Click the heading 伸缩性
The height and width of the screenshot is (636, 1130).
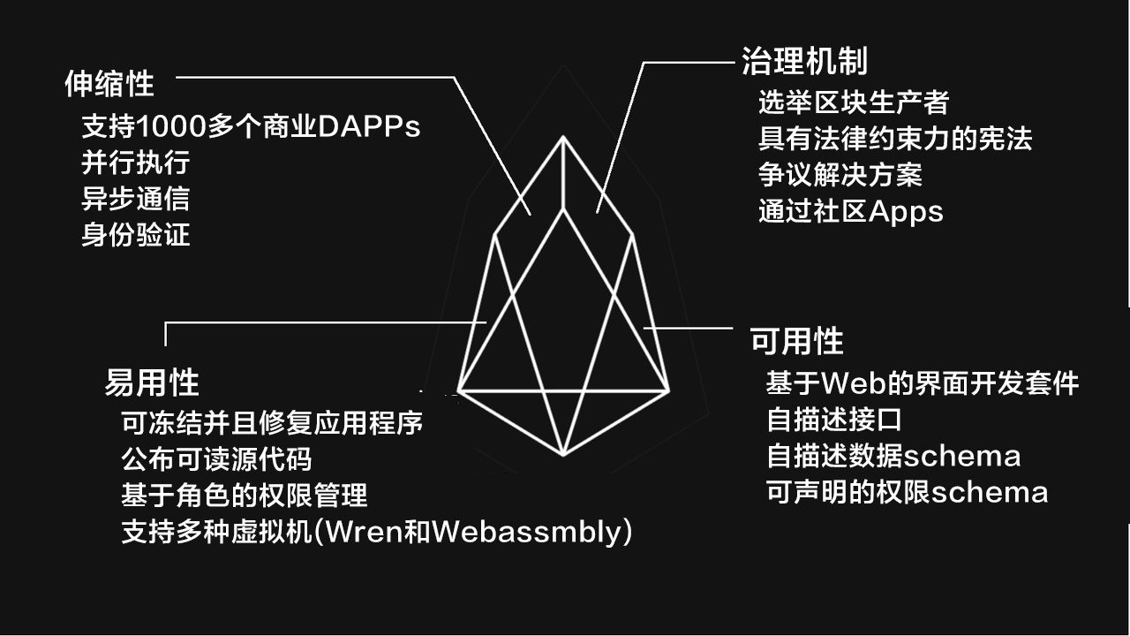[x=109, y=84]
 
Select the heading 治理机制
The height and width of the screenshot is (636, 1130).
[x=804, y=62]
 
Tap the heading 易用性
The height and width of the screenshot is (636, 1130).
[x=152, y=382]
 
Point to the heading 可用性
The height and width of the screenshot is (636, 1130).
[x=797, y=341]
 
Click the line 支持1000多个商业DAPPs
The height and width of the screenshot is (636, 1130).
[x=251, y=126]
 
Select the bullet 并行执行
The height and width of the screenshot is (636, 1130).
[x=136, y=163]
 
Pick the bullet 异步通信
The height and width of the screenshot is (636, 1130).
[x=136, y=199]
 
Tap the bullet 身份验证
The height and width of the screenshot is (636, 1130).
[x=136, y=235]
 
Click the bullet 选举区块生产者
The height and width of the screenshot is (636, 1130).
[x=854, y=102]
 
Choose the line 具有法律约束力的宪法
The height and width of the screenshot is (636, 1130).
[x=895, y=139]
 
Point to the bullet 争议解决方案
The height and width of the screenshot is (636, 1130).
[x=840, y=175]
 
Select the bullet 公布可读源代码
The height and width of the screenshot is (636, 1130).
[x=216, y=459]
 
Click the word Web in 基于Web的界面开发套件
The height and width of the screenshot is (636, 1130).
[x=853, y=383]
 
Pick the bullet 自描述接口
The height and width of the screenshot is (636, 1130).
[x=834, y=420]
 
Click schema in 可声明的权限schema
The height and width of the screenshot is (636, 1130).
[x=990, y=493]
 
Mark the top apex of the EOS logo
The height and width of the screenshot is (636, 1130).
[x=563, y=136]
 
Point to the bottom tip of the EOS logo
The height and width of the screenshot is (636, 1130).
[x=563, y=455]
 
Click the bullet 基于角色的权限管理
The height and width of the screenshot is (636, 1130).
[x=245, y=496]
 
